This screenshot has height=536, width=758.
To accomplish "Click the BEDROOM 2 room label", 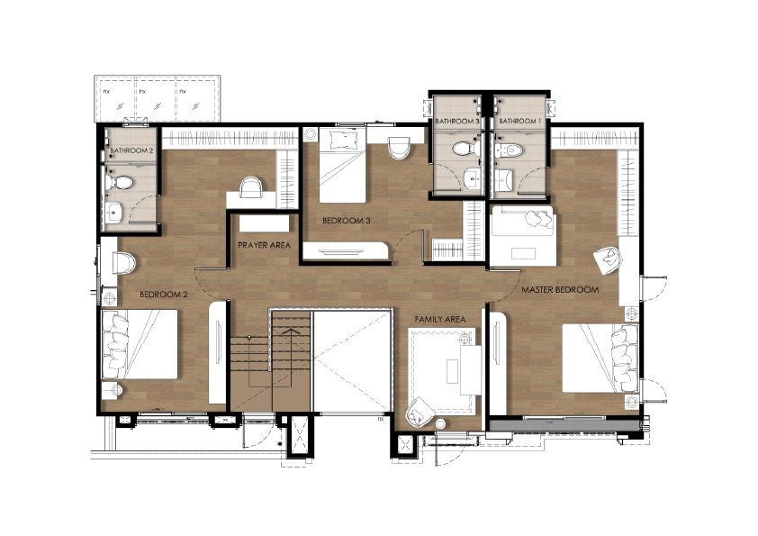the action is (x=164, y=294).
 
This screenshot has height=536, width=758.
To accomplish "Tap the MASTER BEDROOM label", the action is (x=560, y=290).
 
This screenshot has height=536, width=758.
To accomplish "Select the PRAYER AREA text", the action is (x=264, y=245).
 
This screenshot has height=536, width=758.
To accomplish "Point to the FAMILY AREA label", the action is (x=440, y=319).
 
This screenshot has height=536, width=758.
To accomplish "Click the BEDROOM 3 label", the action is (x=346, y=221).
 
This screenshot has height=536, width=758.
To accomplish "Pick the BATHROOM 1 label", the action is (x=518, y=121).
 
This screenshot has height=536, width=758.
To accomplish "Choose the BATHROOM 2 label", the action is (x=131, y=150).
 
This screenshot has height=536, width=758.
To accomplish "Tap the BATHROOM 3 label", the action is (x=456, y=121).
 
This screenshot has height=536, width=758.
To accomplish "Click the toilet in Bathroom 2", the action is (x=119, y=182).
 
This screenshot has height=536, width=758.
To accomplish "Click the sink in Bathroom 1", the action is (x=504, y=181).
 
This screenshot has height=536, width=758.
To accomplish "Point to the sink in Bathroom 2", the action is (x=114, y=212).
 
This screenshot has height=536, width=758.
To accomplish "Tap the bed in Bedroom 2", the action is (x=140, y=344).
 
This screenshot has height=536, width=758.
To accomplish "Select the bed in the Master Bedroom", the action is (x=600, y=359).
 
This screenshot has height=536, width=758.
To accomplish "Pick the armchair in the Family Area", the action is (x=419, y=413).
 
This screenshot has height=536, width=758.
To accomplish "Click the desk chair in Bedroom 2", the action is (x=251, y=186).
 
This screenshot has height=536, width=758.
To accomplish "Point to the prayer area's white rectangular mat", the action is (x=264, y=224).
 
